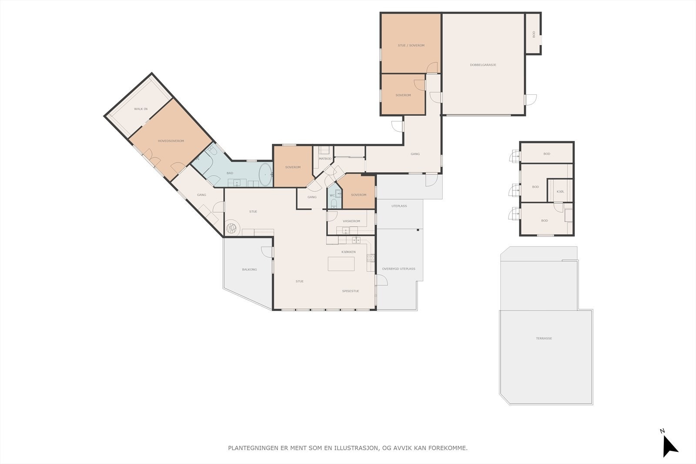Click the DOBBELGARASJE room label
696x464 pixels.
483,65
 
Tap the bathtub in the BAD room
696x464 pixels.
265,174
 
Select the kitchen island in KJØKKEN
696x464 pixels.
341,264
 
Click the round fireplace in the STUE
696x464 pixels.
231,229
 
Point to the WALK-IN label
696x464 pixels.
141,109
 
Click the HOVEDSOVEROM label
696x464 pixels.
171,141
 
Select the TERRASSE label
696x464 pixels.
544,338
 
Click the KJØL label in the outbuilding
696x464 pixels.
561,192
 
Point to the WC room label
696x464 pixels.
332,196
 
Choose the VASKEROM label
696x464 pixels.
351,221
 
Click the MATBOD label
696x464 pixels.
325,159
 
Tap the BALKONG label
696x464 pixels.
250,270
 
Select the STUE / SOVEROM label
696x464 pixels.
411,45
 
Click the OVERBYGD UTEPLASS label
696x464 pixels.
398,269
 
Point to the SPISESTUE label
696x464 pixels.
351,291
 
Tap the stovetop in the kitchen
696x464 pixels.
371,258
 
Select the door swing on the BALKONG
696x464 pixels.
267,252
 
